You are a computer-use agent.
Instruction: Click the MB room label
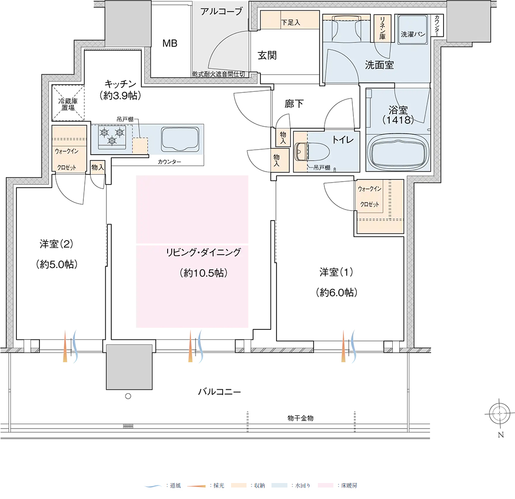(x=170, y=43)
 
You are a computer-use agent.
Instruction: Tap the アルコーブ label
(x=222, y=11)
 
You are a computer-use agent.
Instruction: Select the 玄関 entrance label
(x=267, y=55)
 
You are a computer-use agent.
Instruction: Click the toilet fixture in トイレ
(x=312, y=152)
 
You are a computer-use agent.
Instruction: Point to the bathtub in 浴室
(x=398, y=152)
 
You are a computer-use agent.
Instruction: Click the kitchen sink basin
(x=180, y=139)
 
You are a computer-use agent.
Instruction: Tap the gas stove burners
(x=112, y=137)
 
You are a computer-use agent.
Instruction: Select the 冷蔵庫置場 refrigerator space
(x=68, y=103)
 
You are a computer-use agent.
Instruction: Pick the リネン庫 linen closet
(x=383, y=28)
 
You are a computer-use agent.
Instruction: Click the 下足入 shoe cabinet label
(x=290, y=22)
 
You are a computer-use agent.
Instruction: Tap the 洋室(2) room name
(x=56, y=244)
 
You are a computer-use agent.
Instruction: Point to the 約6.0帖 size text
(x=336, y=292)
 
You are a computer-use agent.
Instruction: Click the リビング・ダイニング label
(x=204, y=252)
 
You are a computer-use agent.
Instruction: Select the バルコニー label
(x=220, y=392)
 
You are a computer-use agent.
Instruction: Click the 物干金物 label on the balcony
(x=300, y=418)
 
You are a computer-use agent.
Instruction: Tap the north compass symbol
(x=500, y=414)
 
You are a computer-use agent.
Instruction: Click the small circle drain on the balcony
(x=128, y=396)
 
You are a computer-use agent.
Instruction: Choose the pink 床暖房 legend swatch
(x=326, y=485)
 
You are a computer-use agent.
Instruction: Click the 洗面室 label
(x=379, y=65)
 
